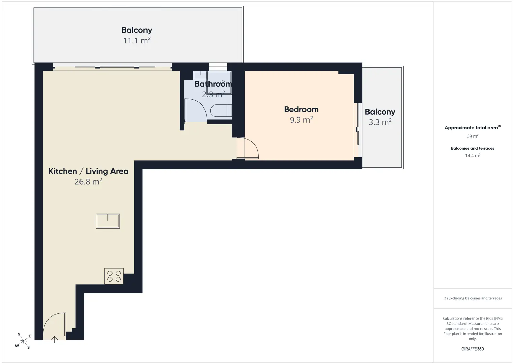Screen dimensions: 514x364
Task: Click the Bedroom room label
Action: pos(301,109)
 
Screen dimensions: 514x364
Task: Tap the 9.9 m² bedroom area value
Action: pos(301,120)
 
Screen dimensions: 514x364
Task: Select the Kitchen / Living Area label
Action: pos(88,171)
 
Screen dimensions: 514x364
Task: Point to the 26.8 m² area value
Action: pos(88,182)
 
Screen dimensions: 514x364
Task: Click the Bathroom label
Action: pos(213,84)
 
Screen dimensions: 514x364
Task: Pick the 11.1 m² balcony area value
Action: pos(137,41)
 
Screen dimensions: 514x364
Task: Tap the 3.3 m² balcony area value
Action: pos(380,122)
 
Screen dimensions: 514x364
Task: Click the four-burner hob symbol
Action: pos(114,276)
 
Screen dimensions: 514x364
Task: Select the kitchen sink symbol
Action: pos(108,221)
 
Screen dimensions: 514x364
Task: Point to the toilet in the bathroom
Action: pos(221,111)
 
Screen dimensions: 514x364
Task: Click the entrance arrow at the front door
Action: pos(54,340)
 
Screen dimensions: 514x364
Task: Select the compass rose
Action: pos(23,341)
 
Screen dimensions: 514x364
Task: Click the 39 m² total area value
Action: pos(473,136)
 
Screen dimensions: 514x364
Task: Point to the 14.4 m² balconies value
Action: pos(473,155)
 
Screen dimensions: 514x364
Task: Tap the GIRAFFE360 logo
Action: pos(473,349)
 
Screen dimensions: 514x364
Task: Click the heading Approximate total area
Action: pos(471,128)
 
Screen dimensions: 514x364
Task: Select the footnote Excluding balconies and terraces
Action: pos(475,298)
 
